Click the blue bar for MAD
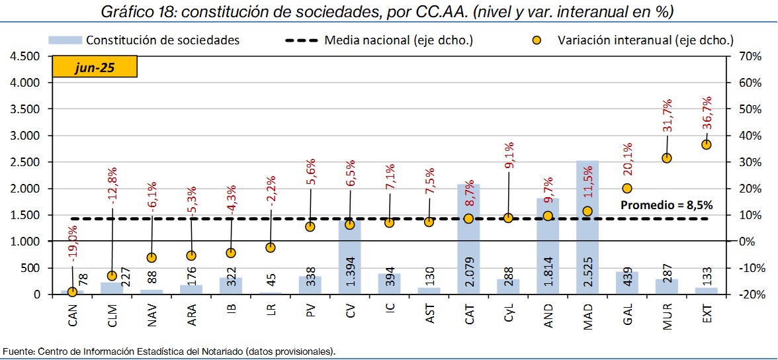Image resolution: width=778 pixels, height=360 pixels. pos(587,251)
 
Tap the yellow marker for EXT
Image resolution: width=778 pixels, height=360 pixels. pos(707,144)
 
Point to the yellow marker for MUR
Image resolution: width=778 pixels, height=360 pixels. pos(667,158)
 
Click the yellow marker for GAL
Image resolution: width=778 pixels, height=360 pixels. pos(627,189)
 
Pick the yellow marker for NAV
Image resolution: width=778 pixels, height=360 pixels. pos(151,257)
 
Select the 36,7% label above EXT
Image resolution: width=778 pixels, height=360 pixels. pos(707,113)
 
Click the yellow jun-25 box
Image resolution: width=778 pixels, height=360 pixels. pos(95,67)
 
